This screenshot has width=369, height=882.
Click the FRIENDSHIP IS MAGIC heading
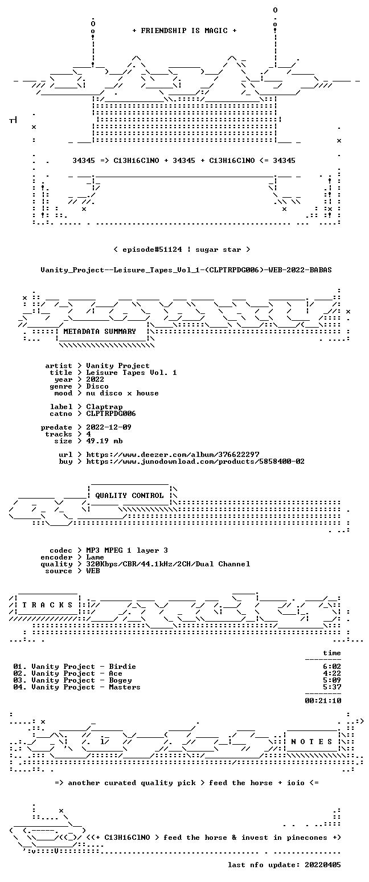(x=184, y=31)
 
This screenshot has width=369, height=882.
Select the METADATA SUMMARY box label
(x=100, y=332)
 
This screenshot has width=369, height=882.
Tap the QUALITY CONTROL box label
(x=129, y=495)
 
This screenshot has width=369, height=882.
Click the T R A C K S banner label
(x=48, y=605)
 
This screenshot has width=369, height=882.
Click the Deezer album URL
(x=173, y=454)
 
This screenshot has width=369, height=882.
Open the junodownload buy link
(x=195, y=462)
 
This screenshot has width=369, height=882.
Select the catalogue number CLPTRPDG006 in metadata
(x=111, y=414)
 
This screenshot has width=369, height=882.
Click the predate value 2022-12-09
(x=109, y=427)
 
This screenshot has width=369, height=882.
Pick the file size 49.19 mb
(x=104, y=441)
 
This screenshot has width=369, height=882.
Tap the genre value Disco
(x=97, y=386)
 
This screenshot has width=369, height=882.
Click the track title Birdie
(x=122, y=667)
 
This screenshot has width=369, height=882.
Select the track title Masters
(x=125, y=687)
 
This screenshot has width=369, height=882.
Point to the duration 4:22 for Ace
(x=332, y=673)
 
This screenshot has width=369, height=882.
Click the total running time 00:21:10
(x=323, y=700)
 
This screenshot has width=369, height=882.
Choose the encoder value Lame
(x=95, y=557)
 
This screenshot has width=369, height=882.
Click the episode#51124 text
(x=152, y=250)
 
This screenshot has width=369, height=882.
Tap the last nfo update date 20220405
(x=323, y=865)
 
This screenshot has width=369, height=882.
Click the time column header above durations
(x=332, y=653)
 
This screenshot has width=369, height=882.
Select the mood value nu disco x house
(x=122, y=393)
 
